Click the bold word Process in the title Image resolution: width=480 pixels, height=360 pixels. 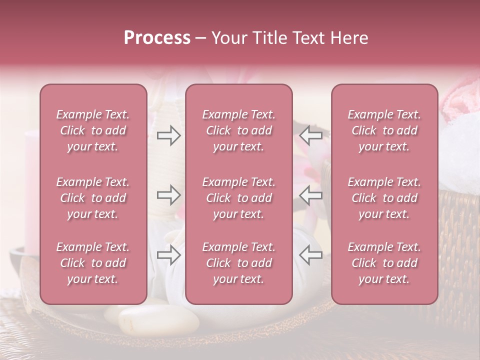(157, 38)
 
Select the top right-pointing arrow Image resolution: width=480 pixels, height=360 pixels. (168, 135)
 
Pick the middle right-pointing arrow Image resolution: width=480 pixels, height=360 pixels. (168, 195)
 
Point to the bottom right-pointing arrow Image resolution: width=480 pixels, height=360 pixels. (168, 254)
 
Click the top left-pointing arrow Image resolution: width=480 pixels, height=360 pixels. (310, 135)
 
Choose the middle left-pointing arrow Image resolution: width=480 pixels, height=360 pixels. (310, 195)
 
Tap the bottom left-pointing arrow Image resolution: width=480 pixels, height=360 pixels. (310, 254)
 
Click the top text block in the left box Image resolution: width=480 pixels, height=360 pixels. (93, 130)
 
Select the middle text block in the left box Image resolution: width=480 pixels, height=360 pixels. (93, 198)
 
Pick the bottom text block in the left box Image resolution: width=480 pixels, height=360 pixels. (93, 263)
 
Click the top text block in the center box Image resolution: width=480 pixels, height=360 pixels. (238, 130)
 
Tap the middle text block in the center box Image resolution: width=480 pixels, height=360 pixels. (238, 198)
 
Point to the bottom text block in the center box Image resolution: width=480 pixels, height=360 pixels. (238, 263)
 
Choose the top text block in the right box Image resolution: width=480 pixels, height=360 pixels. (384, 130)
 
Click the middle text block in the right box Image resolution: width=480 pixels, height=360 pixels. (384, 198)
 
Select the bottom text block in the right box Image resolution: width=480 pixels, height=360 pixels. (384, 263)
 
